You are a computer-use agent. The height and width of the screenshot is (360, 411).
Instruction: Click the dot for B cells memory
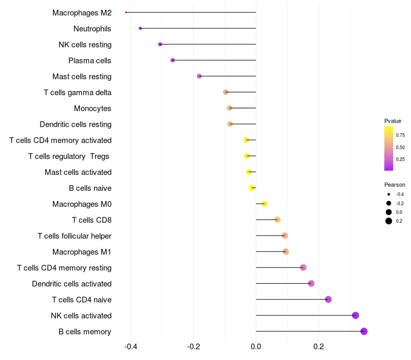pyautogui.click(x=364, y=331)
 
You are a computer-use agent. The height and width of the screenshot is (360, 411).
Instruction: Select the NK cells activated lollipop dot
pyautogui.click(x=356, y=315)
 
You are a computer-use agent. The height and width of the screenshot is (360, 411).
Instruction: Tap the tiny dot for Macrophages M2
pyautogui.click(x=126, y=12)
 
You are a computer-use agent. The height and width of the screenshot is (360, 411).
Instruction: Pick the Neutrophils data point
pyautogui.click(x=140, y=28)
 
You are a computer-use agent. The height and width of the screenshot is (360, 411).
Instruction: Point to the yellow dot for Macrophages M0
pyautogui.click(x=265, y=204)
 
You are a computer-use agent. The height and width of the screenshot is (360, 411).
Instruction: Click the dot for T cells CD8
pyautogui.click(x=277, y=220)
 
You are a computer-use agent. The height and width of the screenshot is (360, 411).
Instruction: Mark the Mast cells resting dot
pyautogui.click(x=199, y=76)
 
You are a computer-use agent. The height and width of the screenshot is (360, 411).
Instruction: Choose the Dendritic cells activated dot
pyautogui.click(x=311, y=283)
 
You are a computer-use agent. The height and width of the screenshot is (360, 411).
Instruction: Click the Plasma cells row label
pyautogui.click(x=90, y=61)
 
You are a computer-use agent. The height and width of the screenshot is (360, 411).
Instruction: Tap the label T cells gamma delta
pyautogui.click(x=78, y=93)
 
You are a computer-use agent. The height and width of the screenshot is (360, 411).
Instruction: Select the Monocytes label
pyautogui.click(x=92, y=109)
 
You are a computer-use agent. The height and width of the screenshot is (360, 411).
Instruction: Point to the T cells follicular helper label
pyautogui.click(x=74, y=236)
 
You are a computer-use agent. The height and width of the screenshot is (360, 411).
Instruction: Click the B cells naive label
pyautogui.click(x=90, y=188)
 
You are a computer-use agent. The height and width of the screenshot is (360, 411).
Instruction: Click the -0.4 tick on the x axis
pyautogui.click(x=130, y=347)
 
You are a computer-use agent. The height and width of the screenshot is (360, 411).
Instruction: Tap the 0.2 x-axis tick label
pyautogui.click(x=319, y=347)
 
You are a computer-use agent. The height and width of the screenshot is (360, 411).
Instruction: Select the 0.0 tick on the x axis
pyautogui.click(x=256, y=347)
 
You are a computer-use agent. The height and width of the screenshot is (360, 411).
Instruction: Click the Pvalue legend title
pyautogui.click(x=393, y=121)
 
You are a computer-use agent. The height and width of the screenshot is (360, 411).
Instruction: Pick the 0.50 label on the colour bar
pyautogui.click(x=400, y=148)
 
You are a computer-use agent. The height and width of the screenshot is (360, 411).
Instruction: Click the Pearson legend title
pyautogui.click(x=395, y=185)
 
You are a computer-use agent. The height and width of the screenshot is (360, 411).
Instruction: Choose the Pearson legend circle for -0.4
pyautogui.click(x=389, y=194)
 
